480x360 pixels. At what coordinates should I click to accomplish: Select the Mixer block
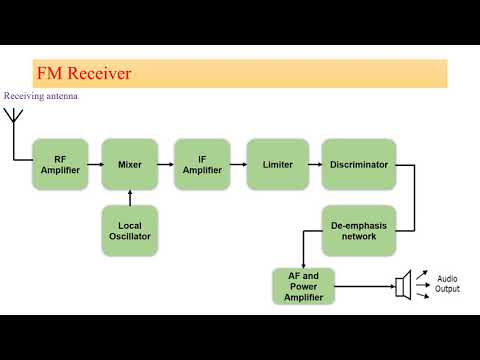point(129,164)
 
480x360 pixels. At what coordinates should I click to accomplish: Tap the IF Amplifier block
point(201,164)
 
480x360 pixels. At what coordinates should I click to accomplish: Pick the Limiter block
point(276,164)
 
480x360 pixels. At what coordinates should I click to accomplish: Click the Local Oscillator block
point(129,230)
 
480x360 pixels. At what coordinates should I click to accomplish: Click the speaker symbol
point(402,287)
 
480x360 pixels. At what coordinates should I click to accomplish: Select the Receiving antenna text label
point(40,96)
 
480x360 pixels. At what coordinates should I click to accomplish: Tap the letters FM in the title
point(48,74)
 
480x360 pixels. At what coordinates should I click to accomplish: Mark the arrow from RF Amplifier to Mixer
point(93,164)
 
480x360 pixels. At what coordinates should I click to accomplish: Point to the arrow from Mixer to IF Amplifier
point(165,164)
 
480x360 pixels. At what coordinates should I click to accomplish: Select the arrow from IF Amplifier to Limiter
point(238,164)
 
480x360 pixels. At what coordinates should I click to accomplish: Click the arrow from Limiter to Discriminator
point(312,164)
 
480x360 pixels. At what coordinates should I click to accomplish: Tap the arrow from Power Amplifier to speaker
point(364,287)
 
